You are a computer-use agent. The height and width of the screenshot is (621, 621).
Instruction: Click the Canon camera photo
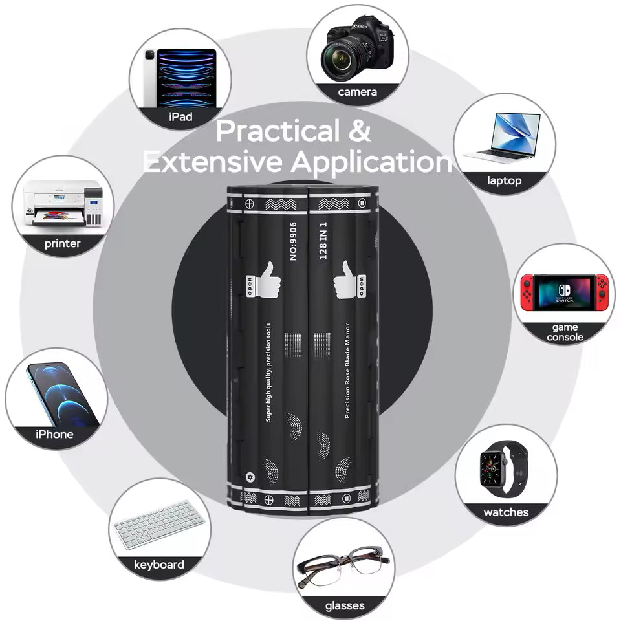(358, 49)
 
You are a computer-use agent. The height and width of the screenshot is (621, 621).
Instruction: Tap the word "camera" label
(357, 92)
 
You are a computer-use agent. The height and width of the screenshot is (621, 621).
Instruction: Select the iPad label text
(180, 117)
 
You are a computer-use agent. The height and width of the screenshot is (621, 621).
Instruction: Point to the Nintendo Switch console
(564, 292)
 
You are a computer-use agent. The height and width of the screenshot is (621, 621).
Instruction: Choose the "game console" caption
(565, 332)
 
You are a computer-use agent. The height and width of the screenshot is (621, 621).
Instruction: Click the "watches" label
(506, 512)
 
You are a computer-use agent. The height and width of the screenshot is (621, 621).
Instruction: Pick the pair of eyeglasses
(343, 566)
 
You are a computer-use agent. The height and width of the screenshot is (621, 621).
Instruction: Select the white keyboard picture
(159, 525)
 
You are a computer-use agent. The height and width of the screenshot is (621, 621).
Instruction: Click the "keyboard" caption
(159, 565)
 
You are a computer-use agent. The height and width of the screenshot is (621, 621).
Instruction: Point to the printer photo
(63, 203)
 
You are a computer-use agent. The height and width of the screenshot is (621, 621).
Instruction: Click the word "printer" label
(62, 243)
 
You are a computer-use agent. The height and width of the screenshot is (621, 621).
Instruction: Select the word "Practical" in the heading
(278, 131)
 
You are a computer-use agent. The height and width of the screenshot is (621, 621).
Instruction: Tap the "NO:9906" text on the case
(293, 241)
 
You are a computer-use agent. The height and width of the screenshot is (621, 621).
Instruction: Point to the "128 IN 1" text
(323, 241)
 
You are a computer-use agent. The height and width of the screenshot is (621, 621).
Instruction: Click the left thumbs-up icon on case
(264, 279)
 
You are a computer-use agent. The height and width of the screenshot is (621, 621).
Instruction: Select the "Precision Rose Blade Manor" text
(347, 371)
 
